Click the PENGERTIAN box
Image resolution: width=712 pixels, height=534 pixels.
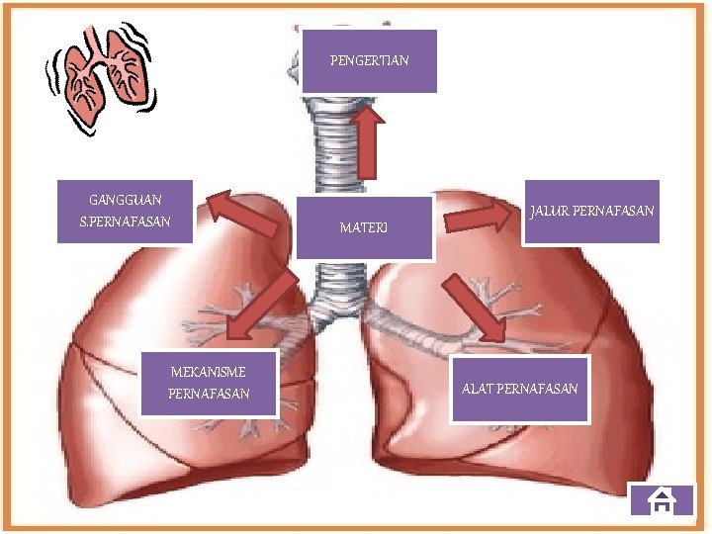pos(369,61)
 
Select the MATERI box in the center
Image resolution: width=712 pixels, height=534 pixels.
pos(364,228)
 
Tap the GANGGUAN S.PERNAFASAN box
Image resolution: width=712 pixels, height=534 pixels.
pos(125,211)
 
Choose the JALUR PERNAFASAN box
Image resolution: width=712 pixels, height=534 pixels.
pos(591,212)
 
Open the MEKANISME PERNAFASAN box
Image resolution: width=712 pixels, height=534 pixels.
pos(209,383)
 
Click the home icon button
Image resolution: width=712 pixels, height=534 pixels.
pos(661,501)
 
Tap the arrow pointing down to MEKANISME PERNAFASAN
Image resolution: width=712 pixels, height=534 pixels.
pos(261,306)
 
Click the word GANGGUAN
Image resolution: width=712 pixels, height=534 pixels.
pos(125,200)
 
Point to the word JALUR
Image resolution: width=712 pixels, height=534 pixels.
pos(549,212)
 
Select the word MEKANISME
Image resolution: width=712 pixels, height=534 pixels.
pos(209,372)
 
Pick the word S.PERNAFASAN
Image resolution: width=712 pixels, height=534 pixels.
pos(125,222)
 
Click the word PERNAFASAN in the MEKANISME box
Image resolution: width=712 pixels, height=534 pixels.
pos(209,395)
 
